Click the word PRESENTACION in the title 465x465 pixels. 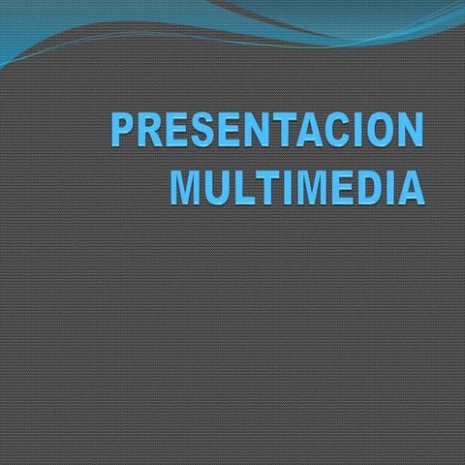pyautogui.click(x=267, y=131)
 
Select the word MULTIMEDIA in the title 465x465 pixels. pyautogui.click(x=296, y=186)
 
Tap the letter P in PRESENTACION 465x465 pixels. pyautogui.click(x=123, y=131)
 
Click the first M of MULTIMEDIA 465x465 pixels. pyautogui.click(x=187, y=186)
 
